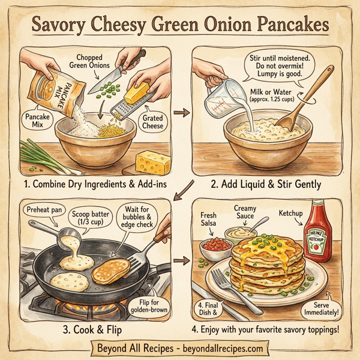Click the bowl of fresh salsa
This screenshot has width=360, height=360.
click(x=215, y=247)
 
